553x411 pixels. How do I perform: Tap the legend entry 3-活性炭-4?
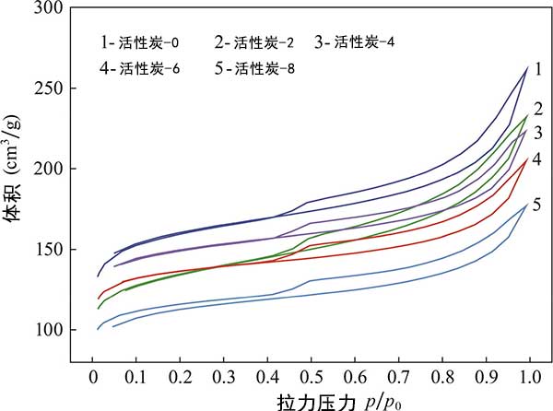pyautogui.click(x=356, y=42)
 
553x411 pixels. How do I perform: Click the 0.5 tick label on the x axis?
pyautogui.click(x=310, y=379)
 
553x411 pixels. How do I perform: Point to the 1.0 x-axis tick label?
pyautogui.click(x=528, y=379)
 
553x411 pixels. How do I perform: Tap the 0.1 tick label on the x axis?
pyautogui.click(x=135, y=379)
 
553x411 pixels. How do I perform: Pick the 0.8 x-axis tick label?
pyautogui.click(x=441, y=379)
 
